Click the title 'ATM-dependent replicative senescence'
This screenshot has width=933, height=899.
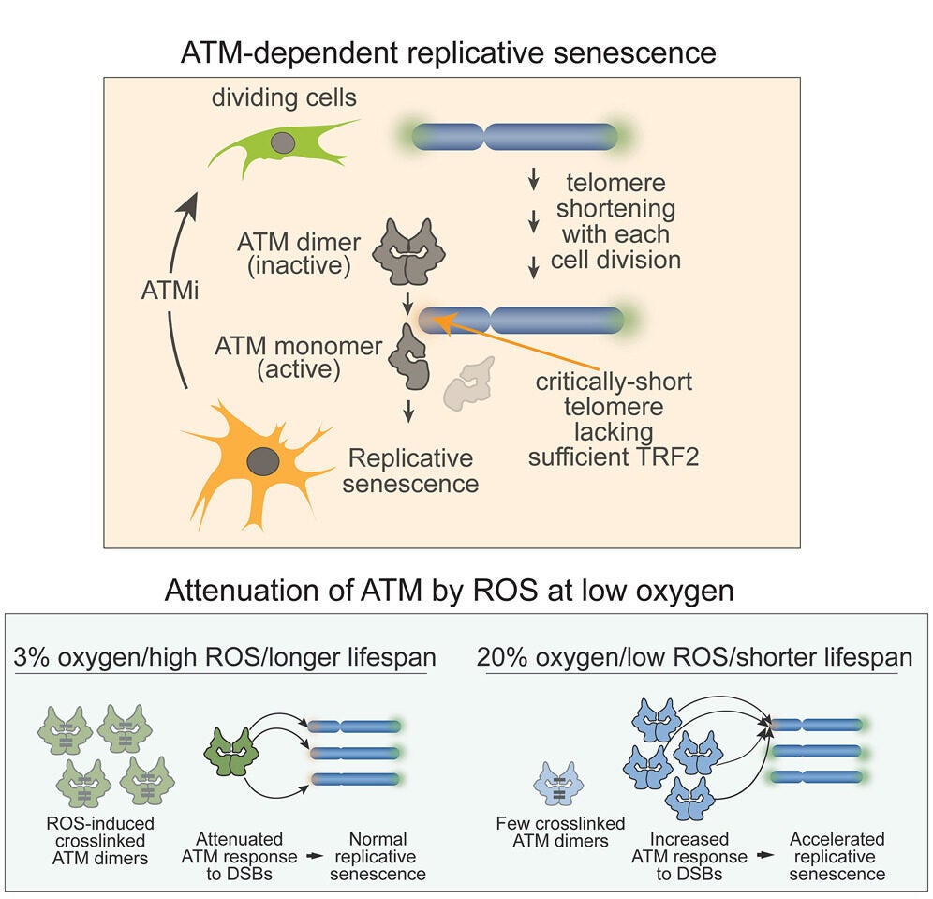click(449, 52)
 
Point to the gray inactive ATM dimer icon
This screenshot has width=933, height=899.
click(409, 252)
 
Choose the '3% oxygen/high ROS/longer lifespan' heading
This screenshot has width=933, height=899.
click(222, 656)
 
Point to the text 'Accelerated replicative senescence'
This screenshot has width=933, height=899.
click(837, 857)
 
